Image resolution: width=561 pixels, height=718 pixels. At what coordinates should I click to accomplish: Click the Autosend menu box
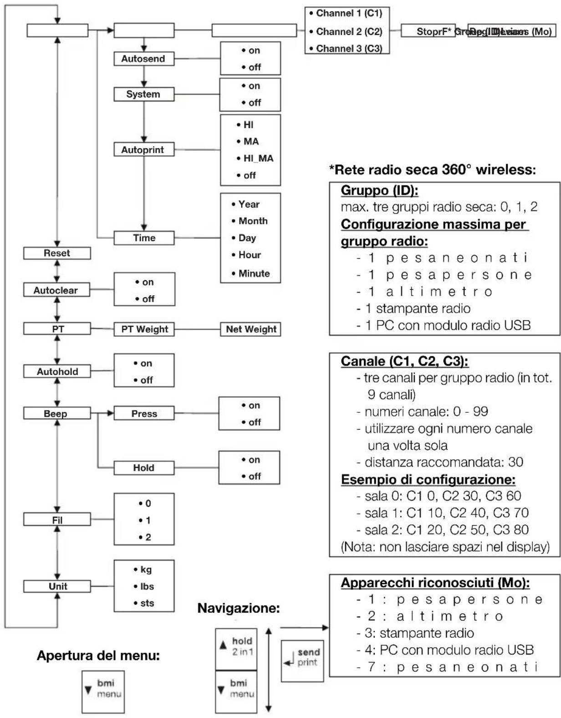[x=143, y=59]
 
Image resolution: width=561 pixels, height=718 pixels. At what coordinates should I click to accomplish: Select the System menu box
[x=143, y=94]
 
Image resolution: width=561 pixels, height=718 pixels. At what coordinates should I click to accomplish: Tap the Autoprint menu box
[x=143, y=150]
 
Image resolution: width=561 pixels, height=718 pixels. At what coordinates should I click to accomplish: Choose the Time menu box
[x=144, y=238]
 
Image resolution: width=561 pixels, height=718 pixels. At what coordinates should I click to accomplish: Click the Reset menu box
[x=57, y=253]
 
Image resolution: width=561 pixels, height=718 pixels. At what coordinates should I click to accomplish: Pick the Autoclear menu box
[x=56, y=290]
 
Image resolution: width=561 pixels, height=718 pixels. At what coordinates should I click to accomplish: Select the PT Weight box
[x=144, y=329]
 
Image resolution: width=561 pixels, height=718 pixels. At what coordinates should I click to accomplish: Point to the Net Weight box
[x=250, y=329]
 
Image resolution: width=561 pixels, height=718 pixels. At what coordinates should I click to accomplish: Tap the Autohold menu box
[x=57, y=372]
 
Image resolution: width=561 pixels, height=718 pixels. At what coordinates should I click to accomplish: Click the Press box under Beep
[x=144, y=414]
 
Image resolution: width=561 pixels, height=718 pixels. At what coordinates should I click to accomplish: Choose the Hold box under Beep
[x=144, y=468]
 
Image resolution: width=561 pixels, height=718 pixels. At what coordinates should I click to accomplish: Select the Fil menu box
[x=57, y=520]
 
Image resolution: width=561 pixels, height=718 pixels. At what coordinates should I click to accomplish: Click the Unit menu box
[x=57, y=586]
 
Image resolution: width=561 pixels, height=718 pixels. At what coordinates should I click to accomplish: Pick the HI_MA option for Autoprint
[x=255, y=159]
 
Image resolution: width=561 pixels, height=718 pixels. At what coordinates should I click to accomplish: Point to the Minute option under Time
[x=251, y=274]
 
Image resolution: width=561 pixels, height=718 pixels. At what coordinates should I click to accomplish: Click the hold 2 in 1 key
[x=236, y=646]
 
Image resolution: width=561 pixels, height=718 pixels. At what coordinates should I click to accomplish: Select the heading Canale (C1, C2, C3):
[x=404, y=361]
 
